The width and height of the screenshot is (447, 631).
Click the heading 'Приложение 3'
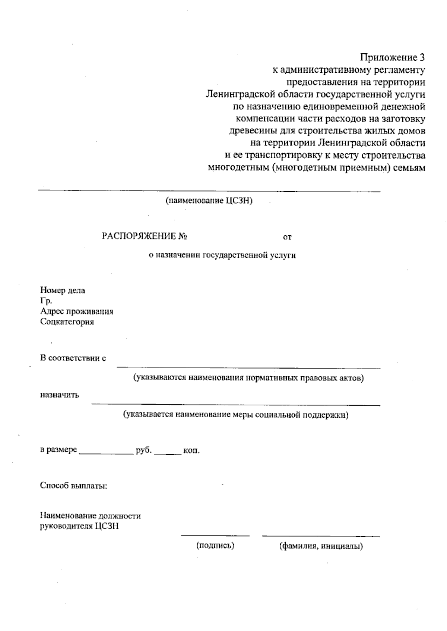click(x=392, y=58)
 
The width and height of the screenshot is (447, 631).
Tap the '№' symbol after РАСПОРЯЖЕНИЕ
click(x=182, y=236)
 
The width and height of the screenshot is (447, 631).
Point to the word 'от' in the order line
click(x=287, y=237)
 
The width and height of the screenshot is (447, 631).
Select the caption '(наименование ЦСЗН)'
click(x=209, y=201)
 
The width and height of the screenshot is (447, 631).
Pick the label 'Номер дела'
click(x=63, y=290)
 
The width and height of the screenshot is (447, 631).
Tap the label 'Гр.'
click(x=46, y=301)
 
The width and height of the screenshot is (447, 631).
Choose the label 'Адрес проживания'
click(x=77, y=311)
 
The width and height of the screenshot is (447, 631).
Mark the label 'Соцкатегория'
click(x=67, y=321)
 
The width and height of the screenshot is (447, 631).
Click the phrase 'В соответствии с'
click(x=73, y=358)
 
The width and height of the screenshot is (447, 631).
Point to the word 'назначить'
click(x=60, y=395)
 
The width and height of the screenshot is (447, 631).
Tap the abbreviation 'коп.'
click(x=191, y=451)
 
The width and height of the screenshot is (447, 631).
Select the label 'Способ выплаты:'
click(x=74, y=486)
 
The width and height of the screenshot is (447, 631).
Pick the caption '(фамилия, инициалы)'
click(x=321, y=546)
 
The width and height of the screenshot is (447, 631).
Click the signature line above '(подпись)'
click(x=215, y=536)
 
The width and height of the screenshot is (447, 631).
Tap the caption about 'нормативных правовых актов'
click(x=249, y=378)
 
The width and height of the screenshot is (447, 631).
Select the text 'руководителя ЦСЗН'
click(x=79, y=526)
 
